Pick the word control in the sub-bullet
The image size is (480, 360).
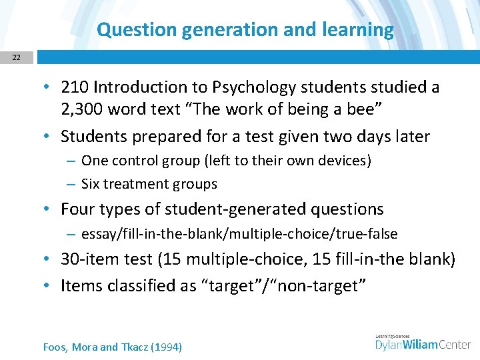[x=129, y=160]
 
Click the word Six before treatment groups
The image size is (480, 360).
[x=91, y=183]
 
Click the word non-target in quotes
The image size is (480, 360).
[x=327, y=286]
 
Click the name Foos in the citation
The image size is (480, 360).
[x=55, y=347]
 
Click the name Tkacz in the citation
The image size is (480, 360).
[x=136, y=347]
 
